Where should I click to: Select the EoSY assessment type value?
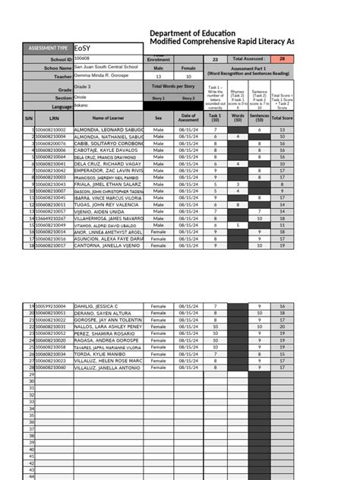click(106, 49)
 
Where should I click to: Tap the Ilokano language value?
click(83, 107)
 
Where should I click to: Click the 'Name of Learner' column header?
click(107, 118)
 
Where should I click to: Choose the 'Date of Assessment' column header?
click(188, 118)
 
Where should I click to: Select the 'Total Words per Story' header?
click(173, 87)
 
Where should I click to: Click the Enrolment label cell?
click(158, 58)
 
